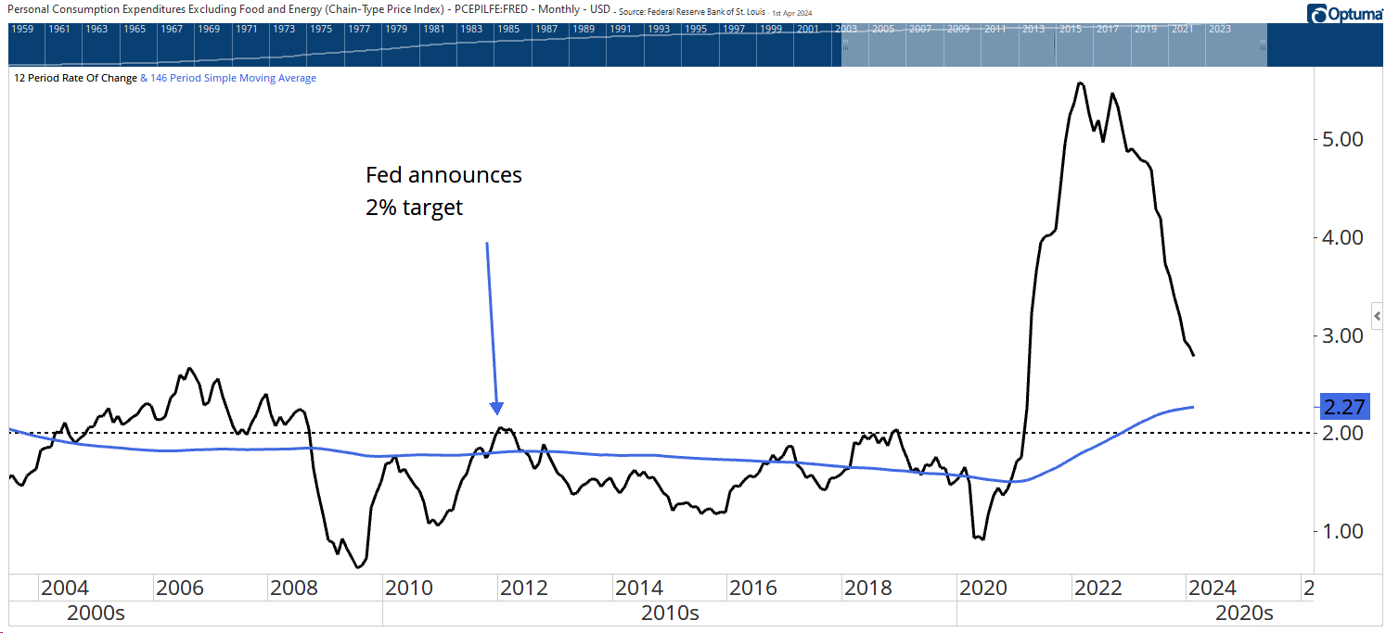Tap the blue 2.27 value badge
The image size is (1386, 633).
[1343, 407]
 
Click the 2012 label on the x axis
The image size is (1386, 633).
[524, 588]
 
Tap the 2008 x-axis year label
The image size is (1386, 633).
[294, 588]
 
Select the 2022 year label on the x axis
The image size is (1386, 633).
[1098, 588]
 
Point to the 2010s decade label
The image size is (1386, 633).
[670, 613]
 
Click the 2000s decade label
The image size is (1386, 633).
[96, 613]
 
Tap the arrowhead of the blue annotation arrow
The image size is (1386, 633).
[497, 409]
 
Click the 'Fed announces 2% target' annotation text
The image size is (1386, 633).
[443, 191]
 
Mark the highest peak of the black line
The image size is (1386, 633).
[1079, 83]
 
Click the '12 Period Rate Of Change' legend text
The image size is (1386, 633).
[75, 79]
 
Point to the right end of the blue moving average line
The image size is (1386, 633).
[1193, 407]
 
